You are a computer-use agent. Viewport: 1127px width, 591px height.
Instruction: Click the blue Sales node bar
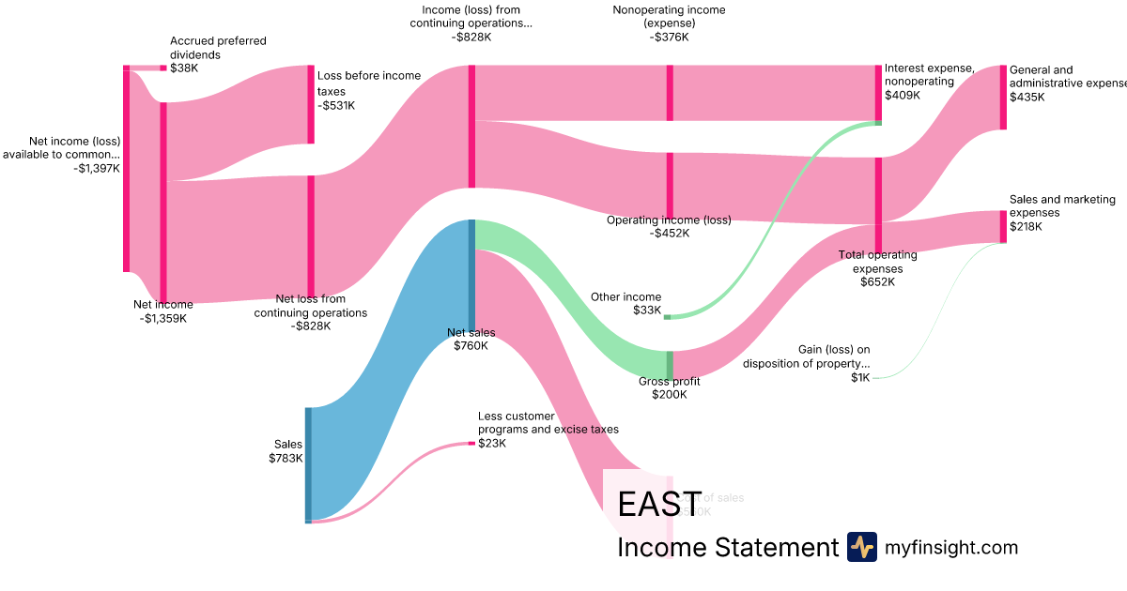[x=308, y=464]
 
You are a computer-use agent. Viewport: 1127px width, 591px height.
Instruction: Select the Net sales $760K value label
[x=471, y=346]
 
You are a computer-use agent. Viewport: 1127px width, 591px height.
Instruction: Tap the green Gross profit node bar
[x=670, y=364]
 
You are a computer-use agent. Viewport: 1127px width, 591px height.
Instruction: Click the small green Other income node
[x=667, y=317]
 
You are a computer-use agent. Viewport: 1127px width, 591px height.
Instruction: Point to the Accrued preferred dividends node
[x=162, y=68]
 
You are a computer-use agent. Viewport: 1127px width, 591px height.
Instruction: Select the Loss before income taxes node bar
[x=311, y=104]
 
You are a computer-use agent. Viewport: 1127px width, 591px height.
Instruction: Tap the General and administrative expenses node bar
[x=1003, y=98]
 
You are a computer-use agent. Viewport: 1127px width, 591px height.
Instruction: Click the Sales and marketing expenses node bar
[x=1003, y=227]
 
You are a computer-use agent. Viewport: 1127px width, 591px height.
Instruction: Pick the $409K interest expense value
[x=903, y=95]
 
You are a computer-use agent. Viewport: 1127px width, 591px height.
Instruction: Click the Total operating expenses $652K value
[x=877, y=282]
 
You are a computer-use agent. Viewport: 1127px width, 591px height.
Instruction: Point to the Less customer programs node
[x=471, y=443]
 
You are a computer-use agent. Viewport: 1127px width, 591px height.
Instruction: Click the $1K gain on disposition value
[x=860, y=377]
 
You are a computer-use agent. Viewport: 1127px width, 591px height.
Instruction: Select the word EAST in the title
[x=659, y=506]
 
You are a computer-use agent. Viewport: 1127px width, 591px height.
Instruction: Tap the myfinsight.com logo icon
[x=861, y=547]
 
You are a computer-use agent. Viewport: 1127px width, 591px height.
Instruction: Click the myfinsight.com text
[x=950, y=547]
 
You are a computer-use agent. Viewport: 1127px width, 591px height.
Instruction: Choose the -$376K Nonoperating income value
[x=669, y=38]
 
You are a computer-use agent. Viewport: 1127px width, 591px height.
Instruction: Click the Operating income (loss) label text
[x=669, y=220]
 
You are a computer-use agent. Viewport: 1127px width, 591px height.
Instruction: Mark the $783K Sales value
[x=286, y=459]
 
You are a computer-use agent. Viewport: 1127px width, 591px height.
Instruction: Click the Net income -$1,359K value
[x=163, y=318]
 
